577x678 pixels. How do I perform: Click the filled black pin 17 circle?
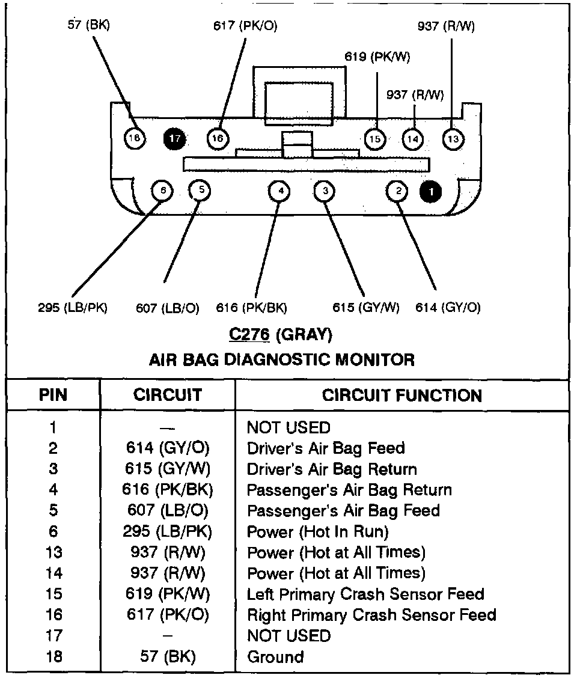pos(175,139)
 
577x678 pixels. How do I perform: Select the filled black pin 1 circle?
pos(430,192)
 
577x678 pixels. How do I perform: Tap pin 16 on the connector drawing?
pos(218,139)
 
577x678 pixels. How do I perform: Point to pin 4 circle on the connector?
pos(280,191)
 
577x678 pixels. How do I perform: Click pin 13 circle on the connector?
pos(453,139)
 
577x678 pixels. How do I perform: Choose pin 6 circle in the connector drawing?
pos(162,191)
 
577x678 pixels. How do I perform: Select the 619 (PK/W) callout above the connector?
pos(377,57)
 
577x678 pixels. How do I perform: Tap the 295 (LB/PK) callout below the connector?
pos(72,308)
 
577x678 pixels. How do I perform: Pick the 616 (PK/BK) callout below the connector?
pos(251,308)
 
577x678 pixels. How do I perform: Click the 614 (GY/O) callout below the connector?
pos(448,308)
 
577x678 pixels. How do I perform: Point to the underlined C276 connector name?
pos(248,334)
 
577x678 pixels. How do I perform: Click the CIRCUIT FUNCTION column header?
pos(401,395)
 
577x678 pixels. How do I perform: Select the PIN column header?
pos(53,395)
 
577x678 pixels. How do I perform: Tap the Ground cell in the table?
pos(275,657)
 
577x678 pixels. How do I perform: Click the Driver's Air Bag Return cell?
pos(332,469)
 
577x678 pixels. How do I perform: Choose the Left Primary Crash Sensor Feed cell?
pos(365,594)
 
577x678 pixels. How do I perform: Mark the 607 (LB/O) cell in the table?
pos(167,511)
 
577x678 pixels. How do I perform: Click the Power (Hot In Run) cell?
pos(318,532)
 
